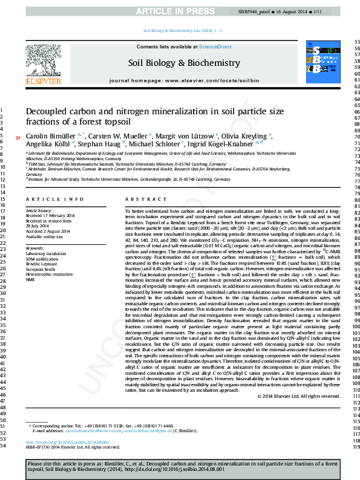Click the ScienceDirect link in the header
click(x=215, y=47)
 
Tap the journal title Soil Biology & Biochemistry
click(x=183, y=63)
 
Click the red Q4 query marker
click(x=18, y=138)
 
